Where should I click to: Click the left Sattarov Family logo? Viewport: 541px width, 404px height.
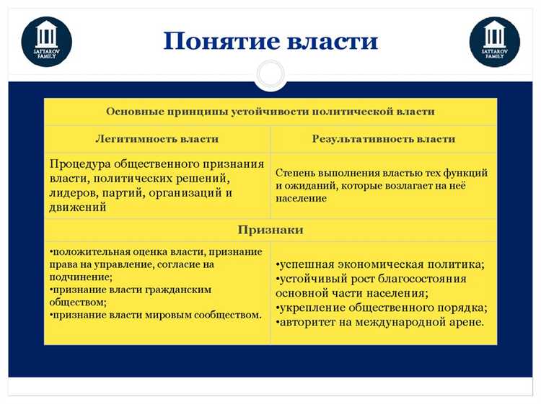pyautogui.click(x=47, y=41)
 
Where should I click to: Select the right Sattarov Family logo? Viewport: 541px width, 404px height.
pyautogui.click(x=494, y=41)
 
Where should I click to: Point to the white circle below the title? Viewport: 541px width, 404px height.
pyautogui.click(x=270, y=74)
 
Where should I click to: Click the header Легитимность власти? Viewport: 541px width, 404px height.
pyautogui.click(x=157, y=138)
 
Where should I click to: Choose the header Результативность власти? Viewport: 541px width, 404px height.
pyautogui.click(x=383, y=138)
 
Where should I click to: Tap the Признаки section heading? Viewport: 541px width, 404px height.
pyautogui.click(x=270, y=230)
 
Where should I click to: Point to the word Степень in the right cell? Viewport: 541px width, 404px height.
pyautogui.click(x=295, y=173)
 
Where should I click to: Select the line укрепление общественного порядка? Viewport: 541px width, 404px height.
pyautogui.click(x=381, y=308)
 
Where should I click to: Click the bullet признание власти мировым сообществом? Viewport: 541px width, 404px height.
pyautogui.click(x=156, y=315)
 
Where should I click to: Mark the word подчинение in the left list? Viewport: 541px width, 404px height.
pyautogui.click(x=74, y=277)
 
